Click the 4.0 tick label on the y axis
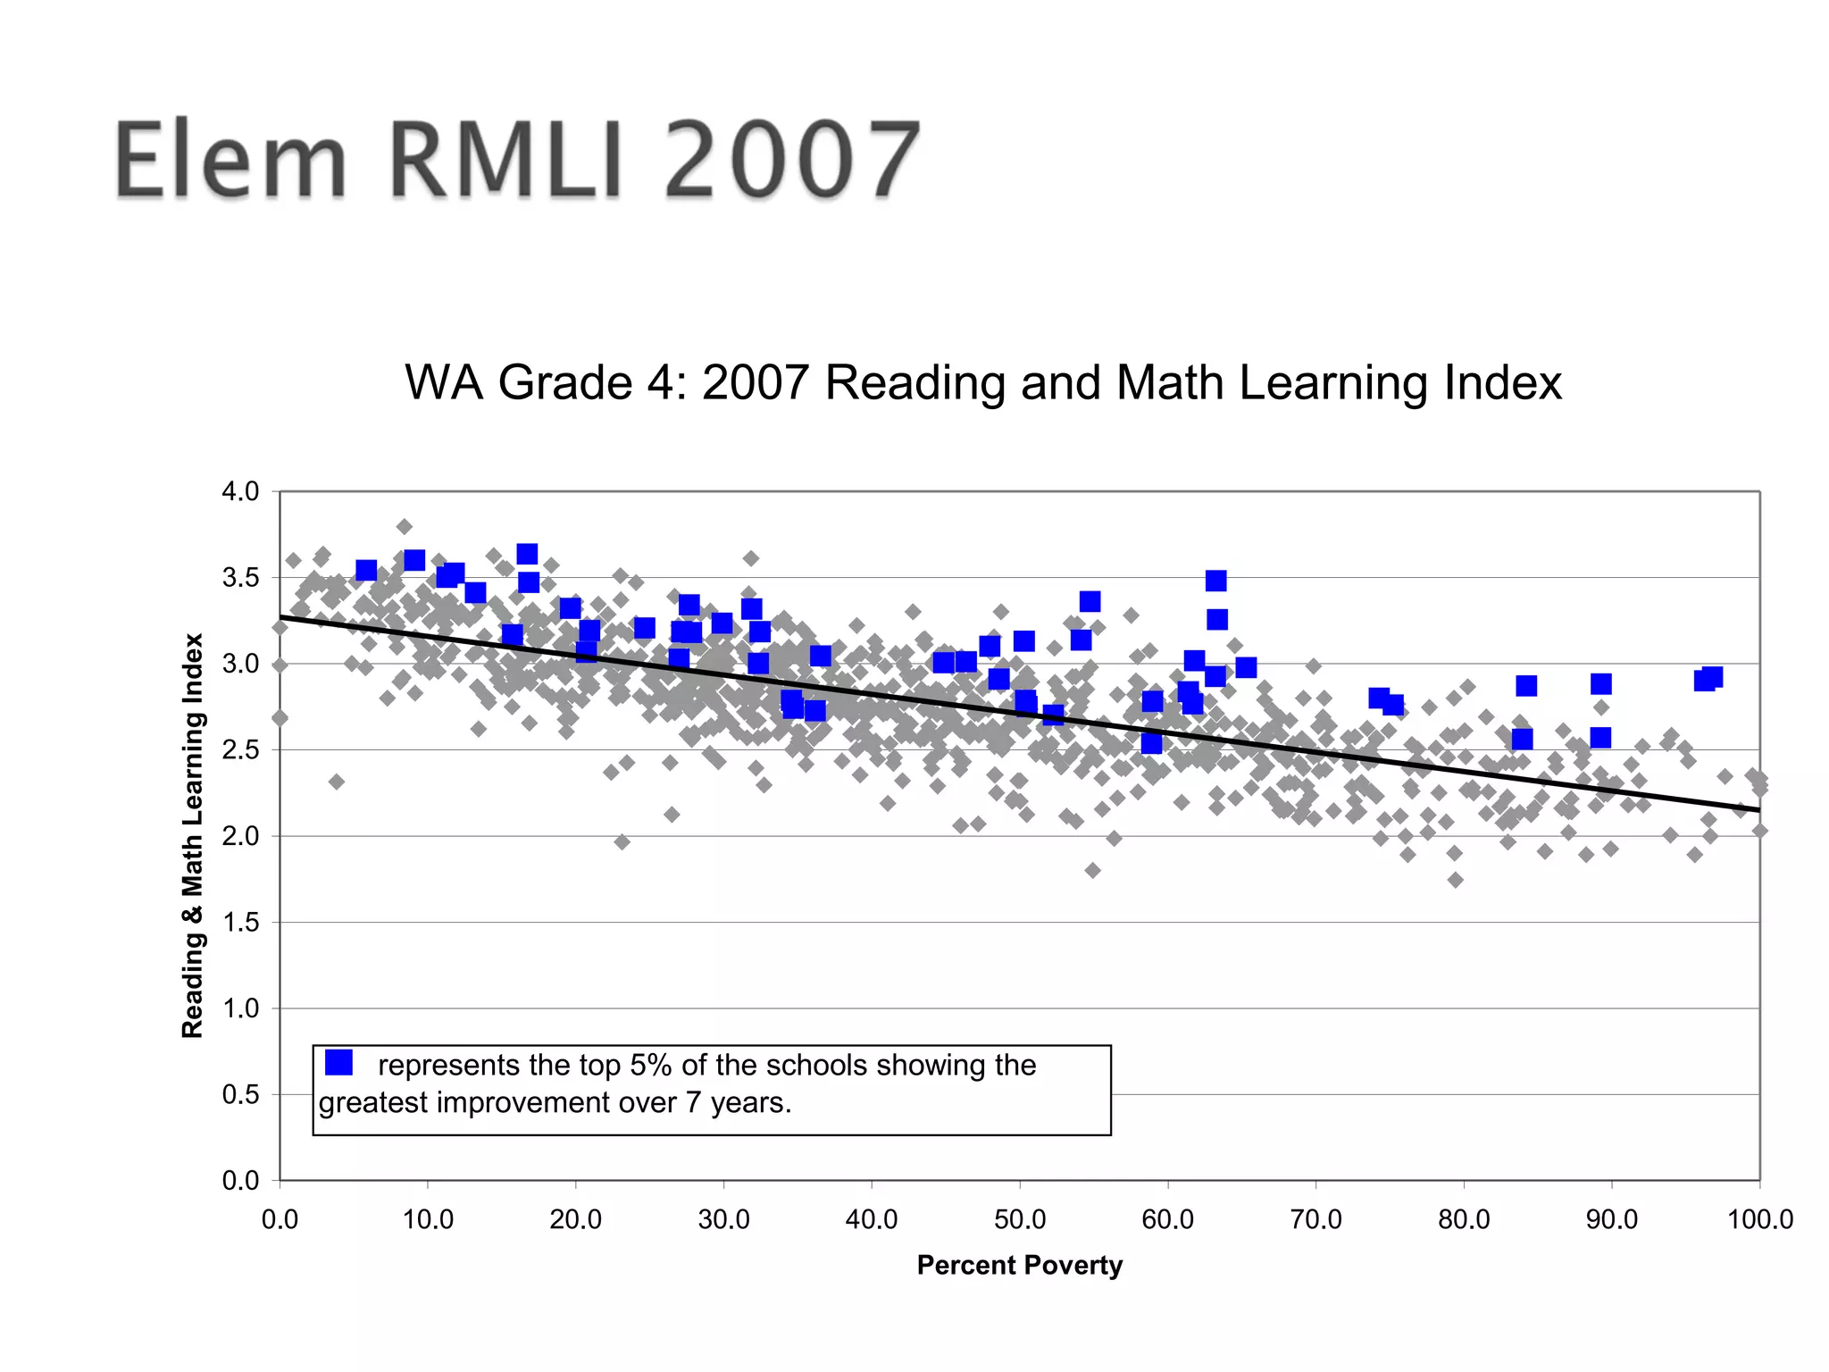240,491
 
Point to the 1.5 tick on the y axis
240,922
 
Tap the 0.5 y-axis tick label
240,1094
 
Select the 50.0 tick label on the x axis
1020,1219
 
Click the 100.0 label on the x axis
1759,1219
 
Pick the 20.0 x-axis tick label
576,1219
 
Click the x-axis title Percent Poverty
1019,1265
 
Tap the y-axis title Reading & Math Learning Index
193,835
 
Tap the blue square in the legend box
338,1062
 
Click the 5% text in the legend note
651,1065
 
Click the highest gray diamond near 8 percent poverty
404,526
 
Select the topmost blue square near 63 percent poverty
1215,581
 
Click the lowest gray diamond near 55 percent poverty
1092,870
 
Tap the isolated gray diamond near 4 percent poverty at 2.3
337,782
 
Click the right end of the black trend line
1758,809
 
